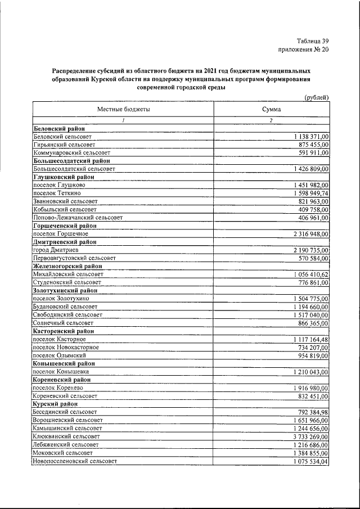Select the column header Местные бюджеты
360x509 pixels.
124,110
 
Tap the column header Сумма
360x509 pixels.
272,110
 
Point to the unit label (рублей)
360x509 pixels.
317,97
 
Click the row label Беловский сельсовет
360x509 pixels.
63,137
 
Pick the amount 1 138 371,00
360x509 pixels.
311,137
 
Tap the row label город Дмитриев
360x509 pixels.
56,249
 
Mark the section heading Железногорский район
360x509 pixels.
68,265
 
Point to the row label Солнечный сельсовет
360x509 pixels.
64,323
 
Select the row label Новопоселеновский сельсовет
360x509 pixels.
75,461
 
